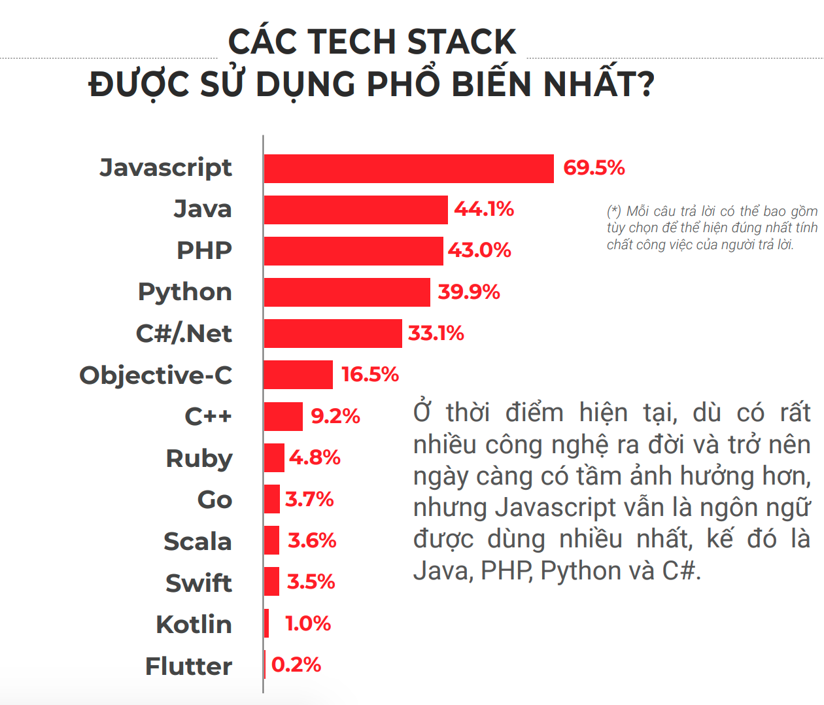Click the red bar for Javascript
click(x=409, y=169)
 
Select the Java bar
click(x=356, y=210)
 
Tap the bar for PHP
click(x=353, y=251)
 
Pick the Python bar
click(x=347, y=292)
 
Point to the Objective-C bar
click(x=298, y=375)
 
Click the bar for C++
click(x=283, y=417)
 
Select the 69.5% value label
click(x=594, y=168)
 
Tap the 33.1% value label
click(x=436, y=334)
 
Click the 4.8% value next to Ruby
click(x=315, y=458)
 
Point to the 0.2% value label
click(x=296, y=665)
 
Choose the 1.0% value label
click(x=308, y=624)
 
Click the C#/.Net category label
click(x=184, y=334)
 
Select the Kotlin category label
click(x=194, y=625)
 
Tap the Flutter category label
click(x=188, y=666)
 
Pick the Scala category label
click(x=197, y=542)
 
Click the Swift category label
click(x=199, y=583)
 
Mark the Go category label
click(x=215, y=500)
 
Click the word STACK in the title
click(x=462, y=42)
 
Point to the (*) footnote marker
click(x=613, y=211)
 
